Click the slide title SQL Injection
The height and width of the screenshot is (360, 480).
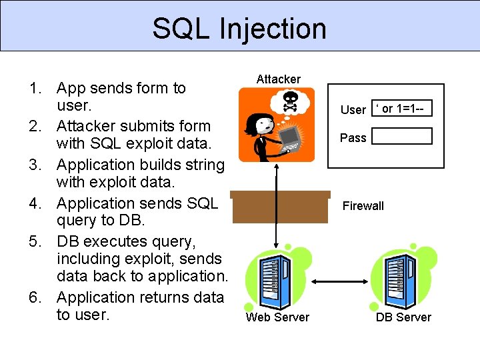239,28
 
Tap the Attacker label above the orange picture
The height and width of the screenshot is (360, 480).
279,79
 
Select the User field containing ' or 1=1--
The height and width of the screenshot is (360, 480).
402,109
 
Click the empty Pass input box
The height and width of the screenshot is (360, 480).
402,137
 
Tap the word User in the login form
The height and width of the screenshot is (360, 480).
353,110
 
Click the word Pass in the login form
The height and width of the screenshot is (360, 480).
353,138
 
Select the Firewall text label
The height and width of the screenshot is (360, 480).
363,206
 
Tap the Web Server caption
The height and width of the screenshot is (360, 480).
277,317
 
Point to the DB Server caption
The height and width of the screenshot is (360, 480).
403,317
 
